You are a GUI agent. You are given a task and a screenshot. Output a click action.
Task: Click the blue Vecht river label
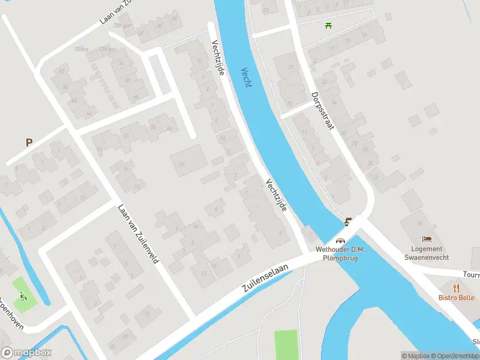tap(246, 77)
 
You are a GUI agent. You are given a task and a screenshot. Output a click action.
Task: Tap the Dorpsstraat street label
tap(322, 113)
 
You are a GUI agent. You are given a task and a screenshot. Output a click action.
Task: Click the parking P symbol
tap(28, 142)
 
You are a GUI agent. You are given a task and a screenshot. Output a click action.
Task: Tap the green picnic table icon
tap(328, 25)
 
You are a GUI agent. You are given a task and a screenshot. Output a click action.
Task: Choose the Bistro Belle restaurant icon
tap(456, 286)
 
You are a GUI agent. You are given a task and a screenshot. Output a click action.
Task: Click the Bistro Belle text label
tap(456, 297)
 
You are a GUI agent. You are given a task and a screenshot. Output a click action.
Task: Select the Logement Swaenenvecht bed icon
tap(427, 239)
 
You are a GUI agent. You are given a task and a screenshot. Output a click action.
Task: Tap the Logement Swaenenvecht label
tap(427, 253)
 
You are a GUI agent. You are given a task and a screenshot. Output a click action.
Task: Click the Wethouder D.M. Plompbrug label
tap(341, 254)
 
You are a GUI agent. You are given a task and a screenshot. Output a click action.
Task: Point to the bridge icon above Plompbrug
tap(341, 242)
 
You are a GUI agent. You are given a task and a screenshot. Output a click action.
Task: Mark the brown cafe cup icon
tap(348, 222)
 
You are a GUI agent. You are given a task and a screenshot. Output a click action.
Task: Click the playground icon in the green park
tap(23, 296)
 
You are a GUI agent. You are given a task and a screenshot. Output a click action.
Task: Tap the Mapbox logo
tap(26, 353)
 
